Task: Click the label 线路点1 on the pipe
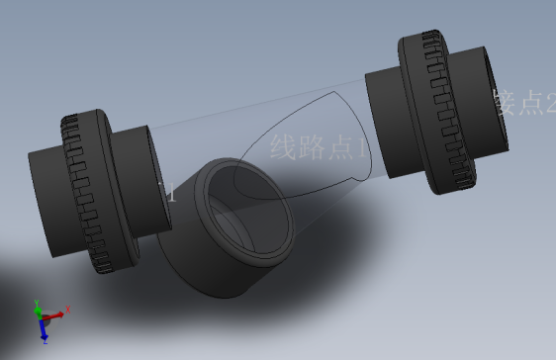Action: pyautogui.click(x=319, y=149)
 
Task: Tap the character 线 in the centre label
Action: pyautogui.click(x=283, y=148)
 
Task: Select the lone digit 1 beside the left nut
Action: pyautogui.click(x=171, y=193)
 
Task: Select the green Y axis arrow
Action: pyautogui.click(x=39, y=308)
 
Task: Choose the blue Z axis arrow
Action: pyautogui.click(x=44, y=328)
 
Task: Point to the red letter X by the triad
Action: pyautogui.click(x=69, y=311)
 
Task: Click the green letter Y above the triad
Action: pyautogui.click(x=36, y=300)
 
